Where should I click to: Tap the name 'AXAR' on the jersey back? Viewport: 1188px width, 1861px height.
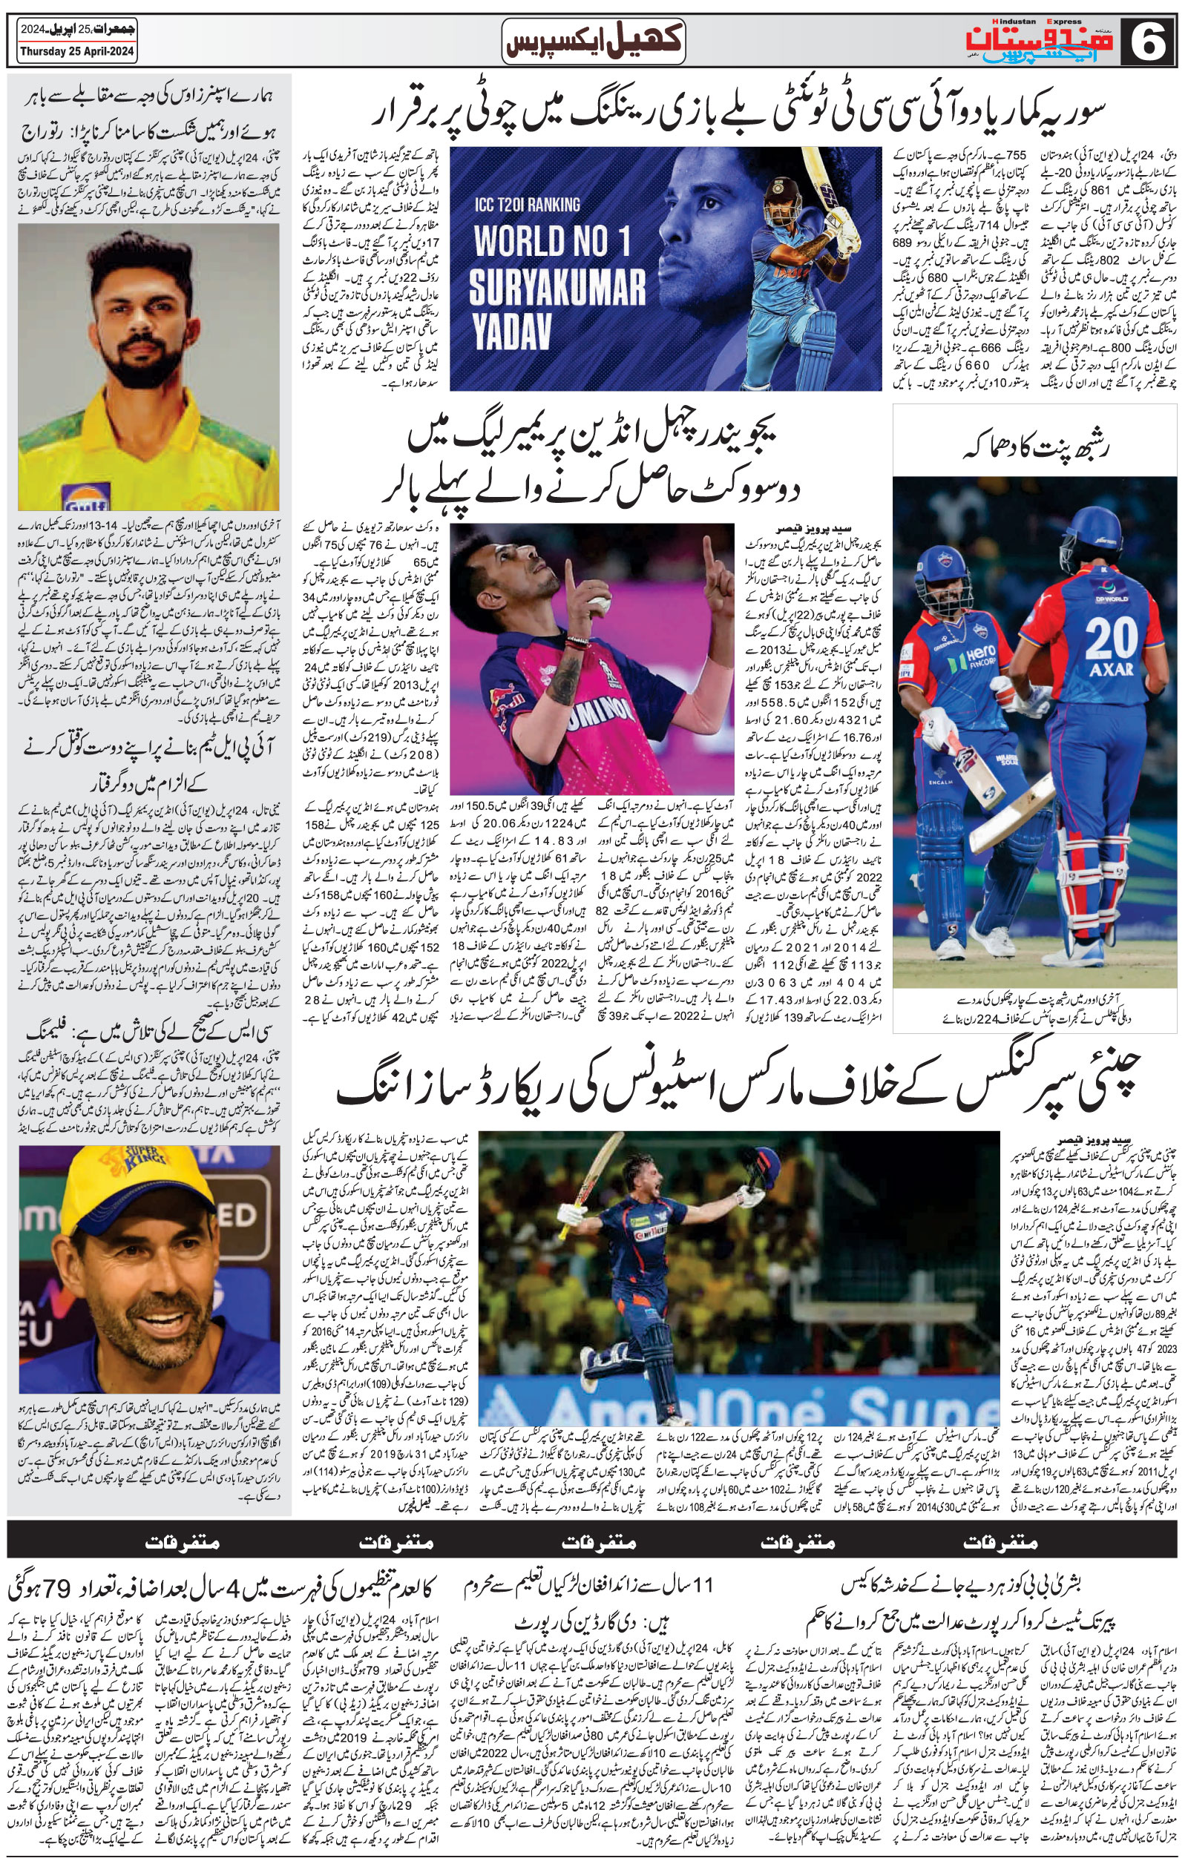(1111, 668)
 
